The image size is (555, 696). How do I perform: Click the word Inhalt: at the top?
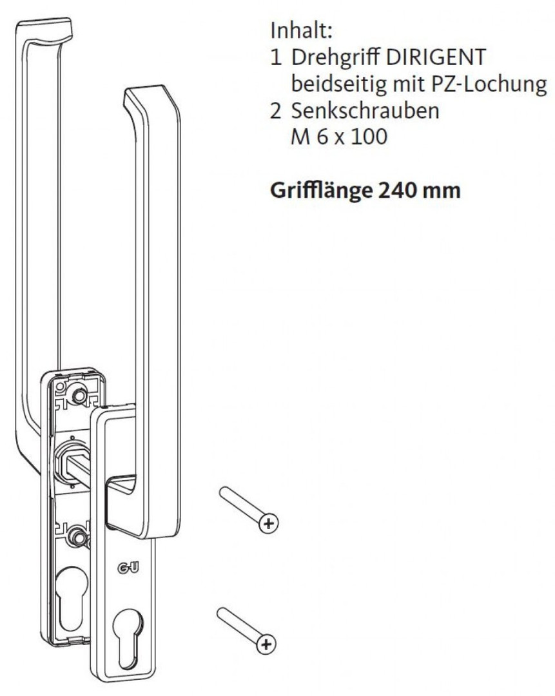coord(301,31)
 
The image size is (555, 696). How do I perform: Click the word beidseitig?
coord(339,83)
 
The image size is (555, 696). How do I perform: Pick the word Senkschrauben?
coord(365,111)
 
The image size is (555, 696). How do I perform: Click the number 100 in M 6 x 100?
coord(369,137)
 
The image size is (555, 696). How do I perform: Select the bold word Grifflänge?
coord(321,191)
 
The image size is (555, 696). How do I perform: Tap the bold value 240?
coord(396,190)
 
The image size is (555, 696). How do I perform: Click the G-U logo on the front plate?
coord(128,568)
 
